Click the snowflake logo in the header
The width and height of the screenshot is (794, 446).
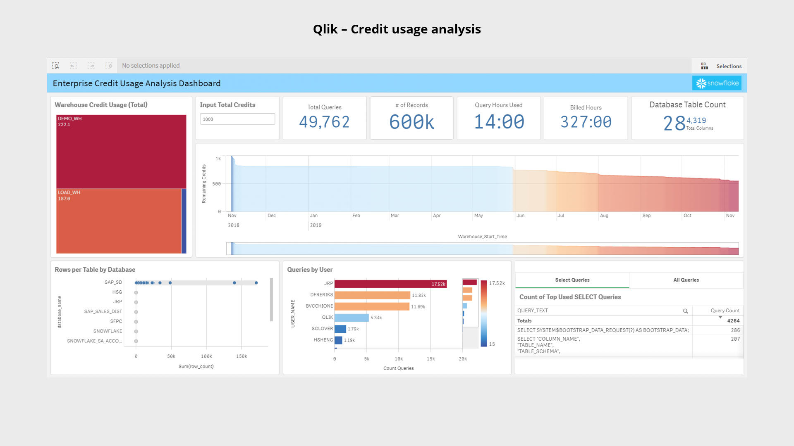tap(717, 83)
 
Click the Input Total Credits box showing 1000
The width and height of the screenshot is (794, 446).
tap(237, 119)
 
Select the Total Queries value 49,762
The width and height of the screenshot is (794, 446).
tap(324, 122)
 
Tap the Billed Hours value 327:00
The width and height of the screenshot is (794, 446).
tap(586, 122)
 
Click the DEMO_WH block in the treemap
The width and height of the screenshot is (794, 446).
tap(121, 152)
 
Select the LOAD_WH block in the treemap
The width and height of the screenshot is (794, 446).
tap(119, 221)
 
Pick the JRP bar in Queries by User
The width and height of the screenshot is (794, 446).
tap(390, 284)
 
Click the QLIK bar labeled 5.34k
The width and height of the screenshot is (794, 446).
tap(352, 318)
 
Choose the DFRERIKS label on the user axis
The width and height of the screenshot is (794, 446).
tap(321, 295)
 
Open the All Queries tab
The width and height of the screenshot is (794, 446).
tap(686, 280)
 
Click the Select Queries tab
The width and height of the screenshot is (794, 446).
tap(572, 280)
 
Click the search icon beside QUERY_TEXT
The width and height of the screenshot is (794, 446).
tap(685, 311)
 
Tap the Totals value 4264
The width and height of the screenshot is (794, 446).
tap(733, 321)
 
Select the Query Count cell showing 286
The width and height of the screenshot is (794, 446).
tap(735, 330)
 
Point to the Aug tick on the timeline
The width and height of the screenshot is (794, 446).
tap(604, 216)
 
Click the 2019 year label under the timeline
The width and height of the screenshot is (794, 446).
tap(316, 225)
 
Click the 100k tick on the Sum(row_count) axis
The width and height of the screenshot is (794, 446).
tap(206, 356)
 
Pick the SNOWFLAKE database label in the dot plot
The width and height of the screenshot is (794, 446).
tap(108, 331)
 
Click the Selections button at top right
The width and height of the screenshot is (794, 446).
tap(722, 66)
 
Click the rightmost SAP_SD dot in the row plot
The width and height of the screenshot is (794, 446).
tap(256, 283)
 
